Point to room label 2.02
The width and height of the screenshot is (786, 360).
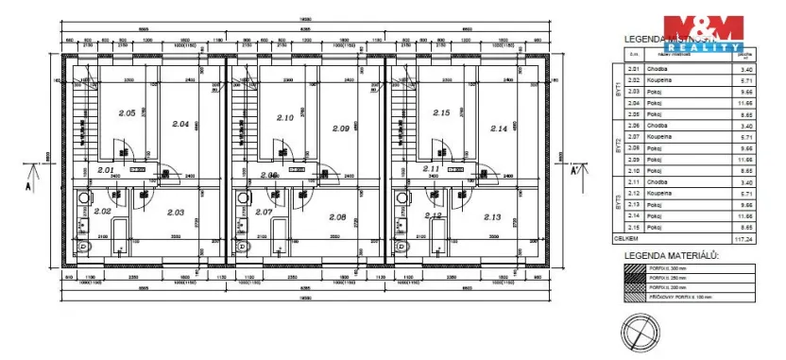point(102,211)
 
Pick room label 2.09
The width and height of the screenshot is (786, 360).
point(341,128)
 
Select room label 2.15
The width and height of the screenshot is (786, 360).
point(440,112)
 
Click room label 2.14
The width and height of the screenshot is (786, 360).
point(500,128)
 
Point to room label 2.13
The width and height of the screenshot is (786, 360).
point(491,216)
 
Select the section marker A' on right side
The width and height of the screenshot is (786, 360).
point(573,171)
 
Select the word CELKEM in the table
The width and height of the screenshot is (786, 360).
point(626,240)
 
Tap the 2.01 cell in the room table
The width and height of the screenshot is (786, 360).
point(635,69)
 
